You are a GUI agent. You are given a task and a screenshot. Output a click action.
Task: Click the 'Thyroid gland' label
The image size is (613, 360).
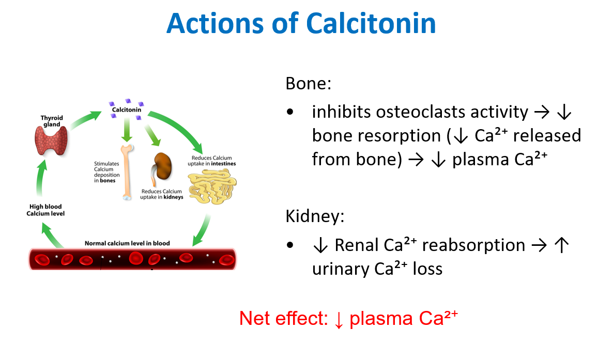[52, 121]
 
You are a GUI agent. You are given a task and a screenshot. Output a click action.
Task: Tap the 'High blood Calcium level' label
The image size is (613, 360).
[45, 210]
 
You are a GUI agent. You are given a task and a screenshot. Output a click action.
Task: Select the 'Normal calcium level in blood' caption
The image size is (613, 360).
[127, 243]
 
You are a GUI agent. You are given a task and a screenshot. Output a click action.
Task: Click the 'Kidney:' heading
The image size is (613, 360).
[315, 216]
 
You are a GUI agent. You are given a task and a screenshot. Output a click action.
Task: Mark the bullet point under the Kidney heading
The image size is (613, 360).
[292, 245]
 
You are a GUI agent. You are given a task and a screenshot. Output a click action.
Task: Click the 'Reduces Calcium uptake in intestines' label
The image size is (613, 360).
[211, 161]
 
